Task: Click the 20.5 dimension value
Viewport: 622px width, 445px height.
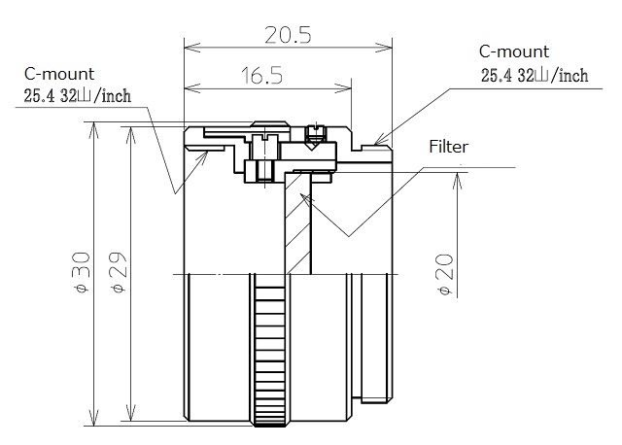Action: (x=288, y=35)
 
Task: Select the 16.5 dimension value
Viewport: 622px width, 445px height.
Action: (x=261, y=76)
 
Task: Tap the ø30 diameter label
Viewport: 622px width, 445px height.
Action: (x=82, y=272)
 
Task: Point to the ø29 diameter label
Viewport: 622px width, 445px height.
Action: (x=119, y=272)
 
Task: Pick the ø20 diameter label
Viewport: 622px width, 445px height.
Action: (x=445, y=275)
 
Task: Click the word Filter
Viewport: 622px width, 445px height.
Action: (x=449, y=147)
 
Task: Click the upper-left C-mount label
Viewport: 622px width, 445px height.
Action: (x=59, y=74)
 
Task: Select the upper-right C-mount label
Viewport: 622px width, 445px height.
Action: (x=514, y=51)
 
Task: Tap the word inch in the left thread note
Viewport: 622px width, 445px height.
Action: (x=117, y=96)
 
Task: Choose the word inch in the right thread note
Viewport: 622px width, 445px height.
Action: (x=573, y=76)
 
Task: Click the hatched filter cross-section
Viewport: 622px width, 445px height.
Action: (x=297, y=222)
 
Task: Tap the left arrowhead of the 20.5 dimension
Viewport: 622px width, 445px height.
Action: (x=192, y=49)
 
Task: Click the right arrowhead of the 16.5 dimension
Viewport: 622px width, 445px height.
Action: (x=343, y=88)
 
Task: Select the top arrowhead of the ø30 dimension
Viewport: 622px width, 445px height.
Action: (x=93, y=130)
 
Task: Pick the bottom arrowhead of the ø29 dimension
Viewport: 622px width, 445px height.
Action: (x=130, y=413)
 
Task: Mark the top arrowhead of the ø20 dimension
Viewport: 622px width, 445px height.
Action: (x=458, y=181)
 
